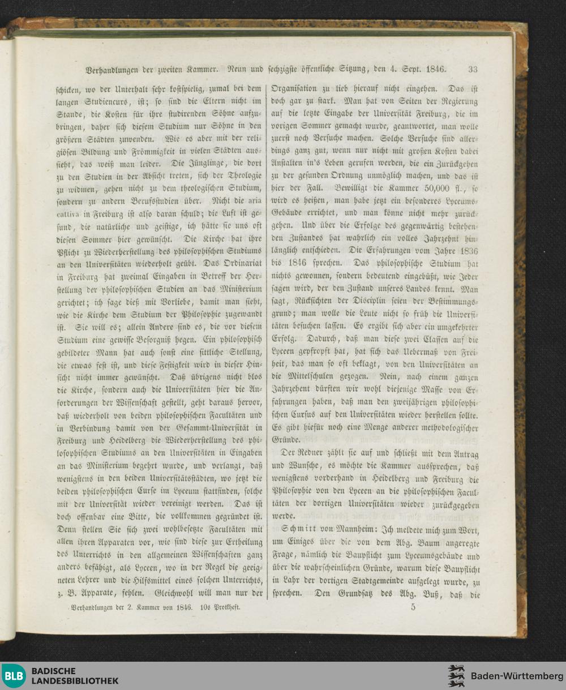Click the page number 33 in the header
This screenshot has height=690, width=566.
click(x=473, y=70)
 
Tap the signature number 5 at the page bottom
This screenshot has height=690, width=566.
click(x=413, y=607)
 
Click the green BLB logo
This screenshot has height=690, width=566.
click(x=14, y=675)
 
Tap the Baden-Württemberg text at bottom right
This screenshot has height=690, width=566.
click(x=517, y=676)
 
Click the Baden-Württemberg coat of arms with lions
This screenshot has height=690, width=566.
click(x=456, y=676)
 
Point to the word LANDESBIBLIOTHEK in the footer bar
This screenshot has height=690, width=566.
click(x=75, y=681)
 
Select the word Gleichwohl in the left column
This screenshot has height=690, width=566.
click(x=175, y=594)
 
